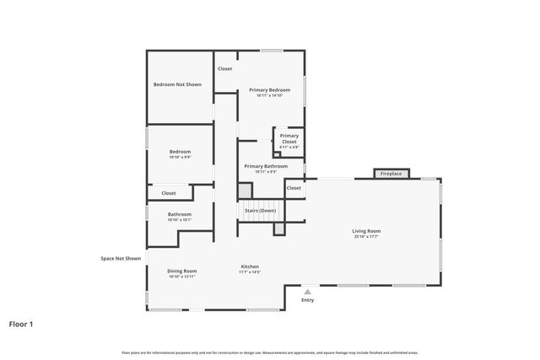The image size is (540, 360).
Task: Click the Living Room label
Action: (366, 231)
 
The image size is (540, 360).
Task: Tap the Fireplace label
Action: (391, 174)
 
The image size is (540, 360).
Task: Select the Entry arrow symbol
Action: (307, 291)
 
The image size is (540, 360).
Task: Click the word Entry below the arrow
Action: (307, 300)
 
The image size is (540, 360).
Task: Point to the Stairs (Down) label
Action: (261, 210)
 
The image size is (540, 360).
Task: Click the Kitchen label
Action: (249, 266)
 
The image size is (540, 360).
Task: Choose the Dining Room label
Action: (182, 271)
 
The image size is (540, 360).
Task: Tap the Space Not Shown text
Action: (121, 258)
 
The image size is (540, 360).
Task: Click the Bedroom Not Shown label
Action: (177, 84)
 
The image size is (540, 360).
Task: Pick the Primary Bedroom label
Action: (269, 89)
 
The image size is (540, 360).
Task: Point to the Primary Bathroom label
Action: (266, 166)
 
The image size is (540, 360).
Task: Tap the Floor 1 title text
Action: (22, 323)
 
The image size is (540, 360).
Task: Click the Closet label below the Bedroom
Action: (169, 193)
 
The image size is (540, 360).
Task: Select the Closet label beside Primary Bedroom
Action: (225, 68)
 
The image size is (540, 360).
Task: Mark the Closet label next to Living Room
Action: (294, 188)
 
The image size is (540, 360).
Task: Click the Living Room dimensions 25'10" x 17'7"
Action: (366, 237)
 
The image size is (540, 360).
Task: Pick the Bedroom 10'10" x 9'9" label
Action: (180, 154)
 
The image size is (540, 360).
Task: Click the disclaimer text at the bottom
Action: (270, 352)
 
